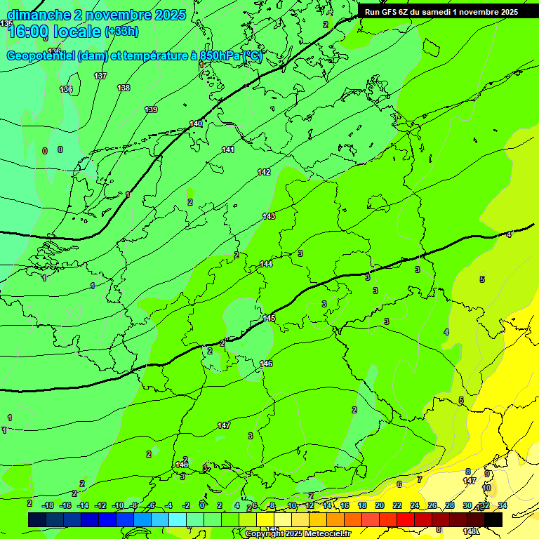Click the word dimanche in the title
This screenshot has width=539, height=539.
[39, 15]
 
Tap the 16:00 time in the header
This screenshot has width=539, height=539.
[31, 32]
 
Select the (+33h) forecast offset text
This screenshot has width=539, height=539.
[121, 32]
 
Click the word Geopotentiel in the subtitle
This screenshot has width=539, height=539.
[40, 56]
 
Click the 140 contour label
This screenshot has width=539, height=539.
[196, 124]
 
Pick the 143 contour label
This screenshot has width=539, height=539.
[269, 216]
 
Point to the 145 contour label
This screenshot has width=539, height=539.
[269, 318]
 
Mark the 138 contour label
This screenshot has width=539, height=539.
[124, 88]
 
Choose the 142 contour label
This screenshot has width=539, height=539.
[264, 172]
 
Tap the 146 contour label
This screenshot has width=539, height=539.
[266, 364]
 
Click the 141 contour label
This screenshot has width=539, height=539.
[228, 149]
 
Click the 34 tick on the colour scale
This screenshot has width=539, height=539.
[503, 505]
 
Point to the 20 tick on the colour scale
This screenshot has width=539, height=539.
[380, 505]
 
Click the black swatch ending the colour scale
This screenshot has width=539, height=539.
[493, 519]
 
